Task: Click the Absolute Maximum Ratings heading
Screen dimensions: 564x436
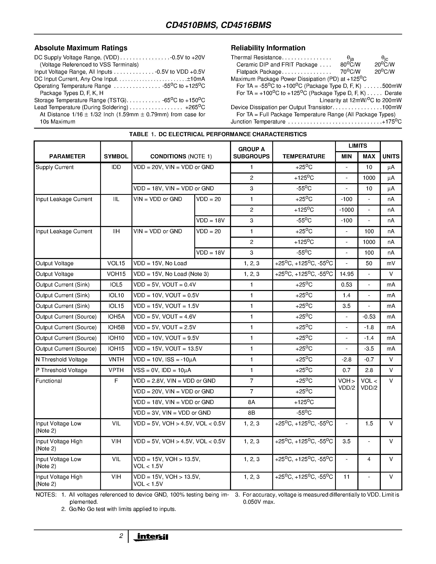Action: (x=81, y=48)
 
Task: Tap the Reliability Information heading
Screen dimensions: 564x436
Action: (x=268, y=48)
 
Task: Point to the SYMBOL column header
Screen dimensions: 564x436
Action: (x=116, y=156)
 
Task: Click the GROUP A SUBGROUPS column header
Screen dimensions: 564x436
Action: (x=251, y=153)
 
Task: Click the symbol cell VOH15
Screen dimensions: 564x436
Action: (x=116, y=274)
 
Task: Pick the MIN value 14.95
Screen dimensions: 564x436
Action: (x=346, y=274)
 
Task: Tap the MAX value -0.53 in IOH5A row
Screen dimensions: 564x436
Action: (x=369, y=317)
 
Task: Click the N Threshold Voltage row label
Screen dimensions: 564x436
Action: (x=62, y=360)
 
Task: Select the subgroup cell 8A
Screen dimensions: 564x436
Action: (x=251, y=402)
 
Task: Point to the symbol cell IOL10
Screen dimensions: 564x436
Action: (x=116, y=295)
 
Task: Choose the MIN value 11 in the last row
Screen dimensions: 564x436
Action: (x=346, y=477)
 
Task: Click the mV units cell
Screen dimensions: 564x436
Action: (x=391, y=263)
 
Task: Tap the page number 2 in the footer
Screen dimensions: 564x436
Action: (x=121, y=536)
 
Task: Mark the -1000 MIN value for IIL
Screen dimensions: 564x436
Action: (x=346, y=210)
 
